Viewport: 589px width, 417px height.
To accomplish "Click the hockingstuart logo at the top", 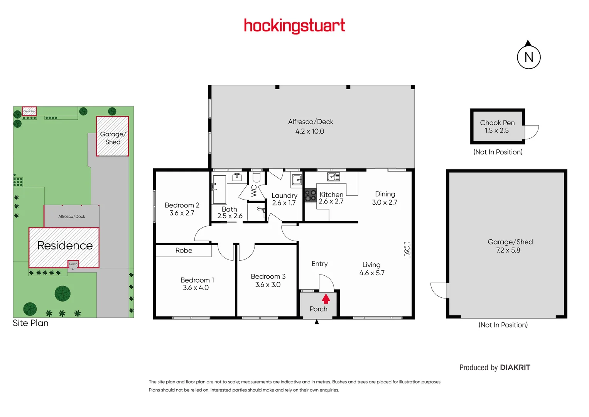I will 294,26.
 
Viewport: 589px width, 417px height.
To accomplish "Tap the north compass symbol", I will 528,57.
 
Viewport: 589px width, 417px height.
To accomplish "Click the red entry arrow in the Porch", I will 326,298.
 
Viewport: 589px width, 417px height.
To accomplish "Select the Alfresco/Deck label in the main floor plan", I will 311,122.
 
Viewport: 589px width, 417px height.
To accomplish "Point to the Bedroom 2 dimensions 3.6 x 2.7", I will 182,213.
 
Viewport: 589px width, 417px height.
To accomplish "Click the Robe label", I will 184,251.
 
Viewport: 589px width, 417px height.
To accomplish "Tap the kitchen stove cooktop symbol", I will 311,195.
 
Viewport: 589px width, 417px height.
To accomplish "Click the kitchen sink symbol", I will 333,177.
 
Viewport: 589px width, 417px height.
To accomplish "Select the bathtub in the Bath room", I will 219,189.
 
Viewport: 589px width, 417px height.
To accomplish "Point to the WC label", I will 254,191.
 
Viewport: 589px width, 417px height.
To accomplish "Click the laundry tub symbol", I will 297,180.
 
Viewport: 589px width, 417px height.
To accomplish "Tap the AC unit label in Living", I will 407,250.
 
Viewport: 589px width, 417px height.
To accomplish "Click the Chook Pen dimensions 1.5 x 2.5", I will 497,131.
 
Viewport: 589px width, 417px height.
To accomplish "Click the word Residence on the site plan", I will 65,246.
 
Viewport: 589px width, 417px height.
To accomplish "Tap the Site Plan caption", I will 30,323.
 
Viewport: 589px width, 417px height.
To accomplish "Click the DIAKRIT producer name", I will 515,368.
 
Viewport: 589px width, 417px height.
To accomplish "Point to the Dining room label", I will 385,194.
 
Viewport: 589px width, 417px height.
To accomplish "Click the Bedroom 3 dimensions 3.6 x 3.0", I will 268,285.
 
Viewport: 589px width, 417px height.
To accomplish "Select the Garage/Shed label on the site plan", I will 113,138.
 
